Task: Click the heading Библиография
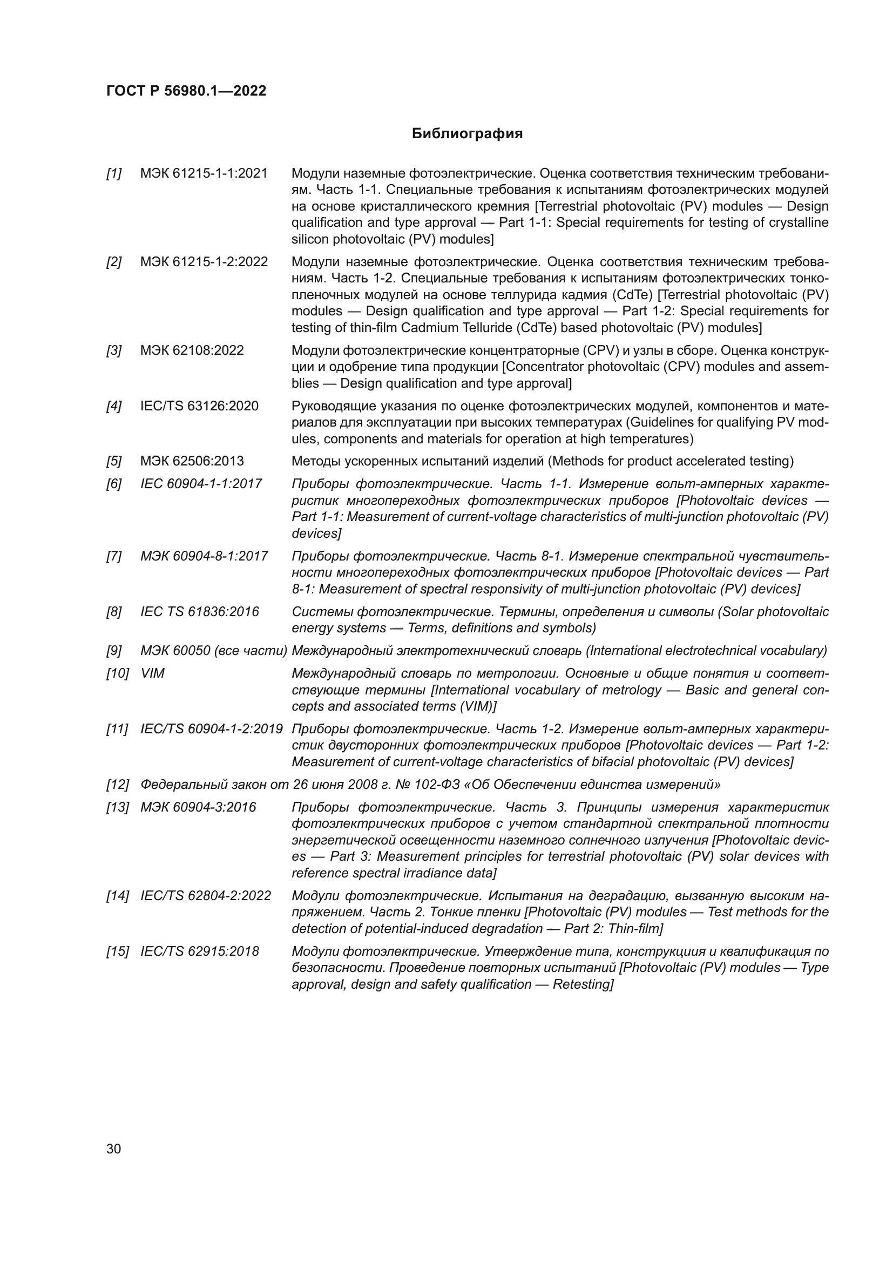click(467, 134)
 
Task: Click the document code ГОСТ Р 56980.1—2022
click(186, 91)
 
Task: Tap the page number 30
click(114, 1149)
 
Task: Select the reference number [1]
click(114, 174)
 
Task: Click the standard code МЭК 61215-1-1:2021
click(204, 174)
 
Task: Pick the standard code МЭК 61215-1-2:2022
click(204, 262)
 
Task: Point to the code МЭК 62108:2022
click(192, 350)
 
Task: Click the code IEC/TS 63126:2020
click(200, 406)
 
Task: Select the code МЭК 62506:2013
click(192, 461)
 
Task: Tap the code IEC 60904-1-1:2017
click(201, 484)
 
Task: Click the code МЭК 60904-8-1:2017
click(204, 556)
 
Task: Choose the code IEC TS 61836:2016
click(200, 612)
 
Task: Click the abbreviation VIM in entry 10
click(152, 673)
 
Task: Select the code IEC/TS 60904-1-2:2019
click(212, 729)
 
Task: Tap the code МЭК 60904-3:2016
click(198, 807)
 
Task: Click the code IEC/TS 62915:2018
click(200, 951)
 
